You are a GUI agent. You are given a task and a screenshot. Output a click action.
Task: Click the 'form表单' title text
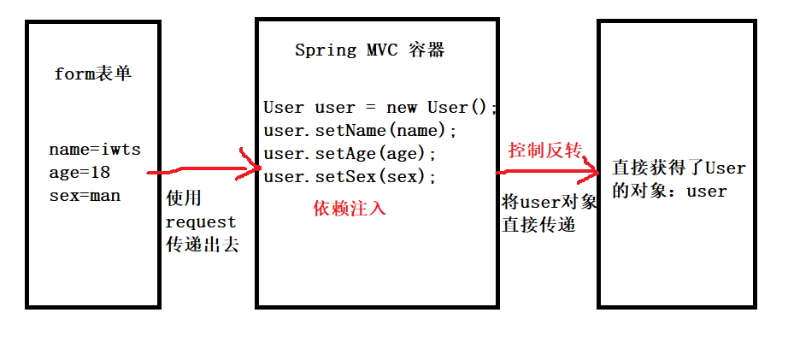tap(93, 74)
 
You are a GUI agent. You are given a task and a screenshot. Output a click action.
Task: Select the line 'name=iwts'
tap(95, 150)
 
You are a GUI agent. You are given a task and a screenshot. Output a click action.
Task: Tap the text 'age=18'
tap(79, 172)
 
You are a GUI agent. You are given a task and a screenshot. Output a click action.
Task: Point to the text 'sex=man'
tap(85, 195)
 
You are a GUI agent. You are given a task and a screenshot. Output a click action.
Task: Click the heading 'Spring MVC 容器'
tap(369, 50)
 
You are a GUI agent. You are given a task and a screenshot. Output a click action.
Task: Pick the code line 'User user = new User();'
tap(379, 108)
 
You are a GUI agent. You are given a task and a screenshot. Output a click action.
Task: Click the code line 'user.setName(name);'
tap(361, 131)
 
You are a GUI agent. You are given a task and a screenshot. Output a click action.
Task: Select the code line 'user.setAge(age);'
tap(350, 154)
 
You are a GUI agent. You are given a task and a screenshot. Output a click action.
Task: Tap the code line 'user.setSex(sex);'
tap(350, 177)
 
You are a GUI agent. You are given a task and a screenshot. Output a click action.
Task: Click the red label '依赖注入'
tap(350, 208)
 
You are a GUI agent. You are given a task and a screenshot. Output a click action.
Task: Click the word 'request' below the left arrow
tap(201, 221)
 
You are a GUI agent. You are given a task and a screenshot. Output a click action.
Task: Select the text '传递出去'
tap(203, 245)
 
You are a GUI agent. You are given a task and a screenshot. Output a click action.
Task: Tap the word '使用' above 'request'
tap(184, 198)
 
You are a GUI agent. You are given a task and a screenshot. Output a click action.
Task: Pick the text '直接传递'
tap(538, 226)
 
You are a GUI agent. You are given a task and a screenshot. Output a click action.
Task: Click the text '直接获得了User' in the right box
tap(679, 168)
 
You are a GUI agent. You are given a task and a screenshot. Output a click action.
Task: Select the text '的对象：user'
tap(669, 191)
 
